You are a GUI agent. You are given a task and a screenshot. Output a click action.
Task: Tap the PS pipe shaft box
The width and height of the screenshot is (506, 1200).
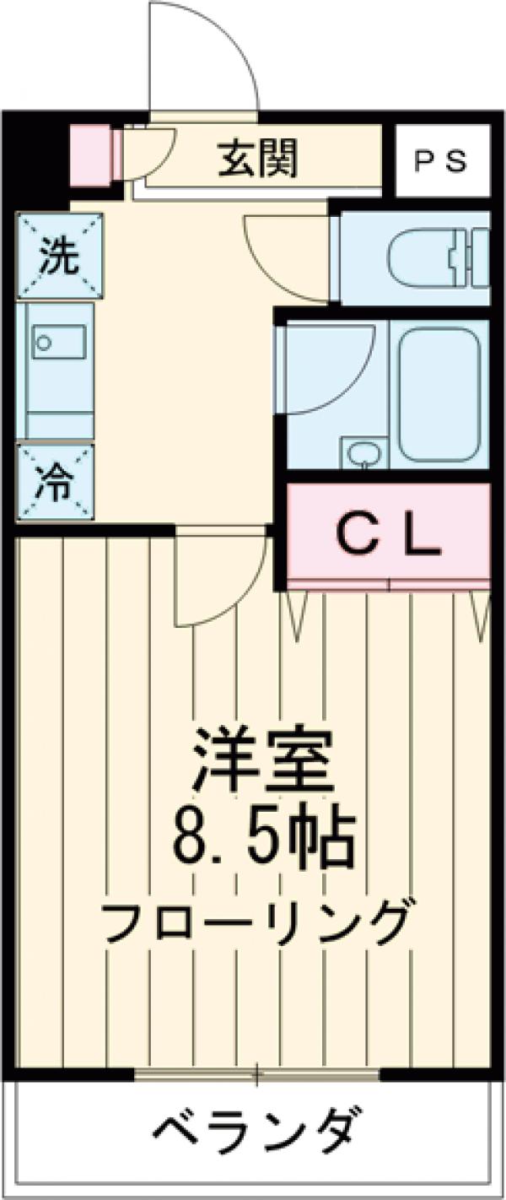tap(442, 161)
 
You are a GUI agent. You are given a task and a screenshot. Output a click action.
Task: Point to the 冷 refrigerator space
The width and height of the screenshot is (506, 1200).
tap(56, 484)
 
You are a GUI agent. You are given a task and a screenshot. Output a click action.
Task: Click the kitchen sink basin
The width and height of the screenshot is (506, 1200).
tap(59, 343)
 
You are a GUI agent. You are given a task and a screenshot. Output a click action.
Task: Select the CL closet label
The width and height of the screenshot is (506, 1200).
tap(389, 533)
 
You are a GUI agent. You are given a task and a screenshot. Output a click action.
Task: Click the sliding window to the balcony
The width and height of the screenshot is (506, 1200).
tap(258, 1075)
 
